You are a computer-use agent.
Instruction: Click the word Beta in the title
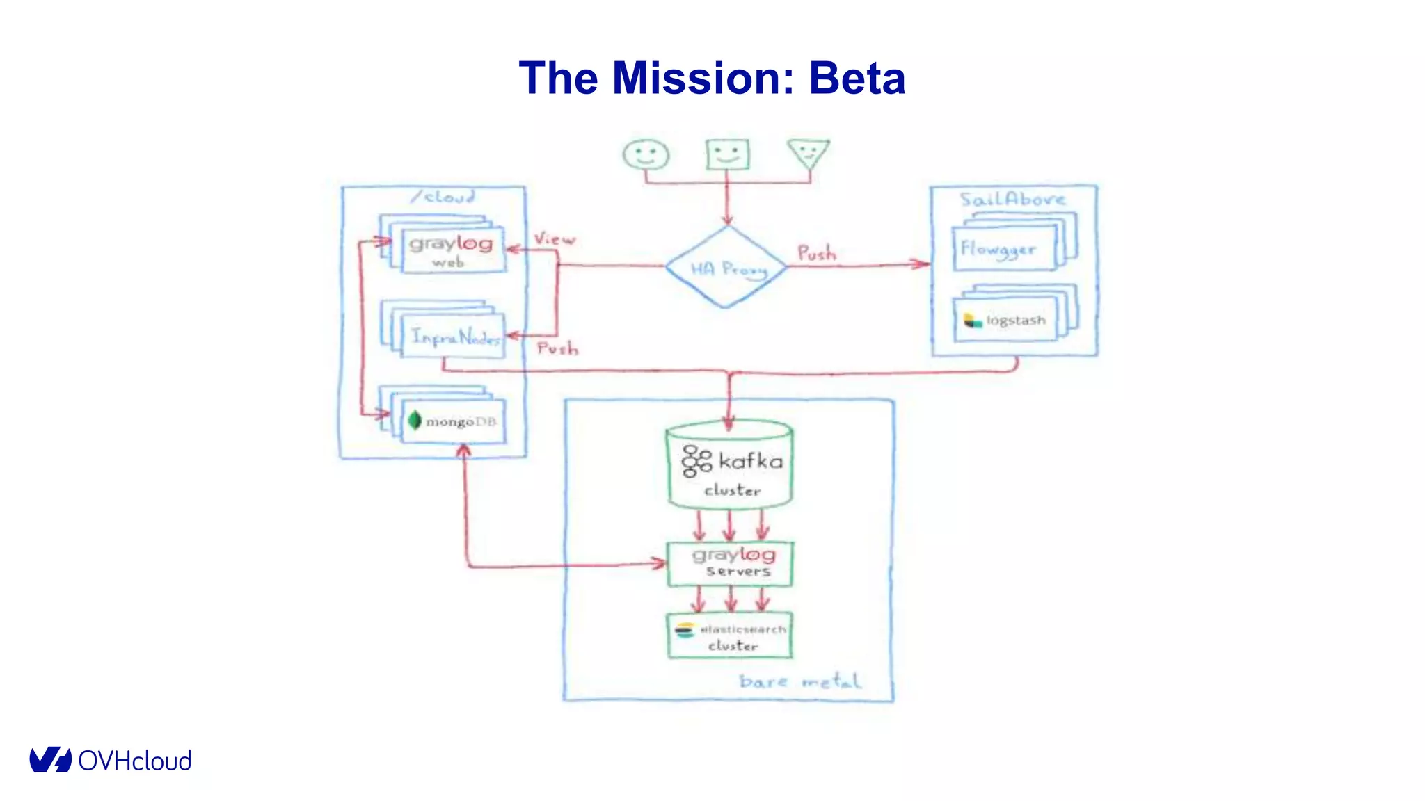tap(857, 78)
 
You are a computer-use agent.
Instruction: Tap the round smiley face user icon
tap(646, 154)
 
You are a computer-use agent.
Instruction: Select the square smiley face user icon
tap(727, 154)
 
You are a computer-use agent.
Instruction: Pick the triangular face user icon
tap(808, 152)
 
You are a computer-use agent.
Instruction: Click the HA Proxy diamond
tap(726, 267)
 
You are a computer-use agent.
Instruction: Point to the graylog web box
tap(453, 250)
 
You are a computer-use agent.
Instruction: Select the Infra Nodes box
tap(454, 337)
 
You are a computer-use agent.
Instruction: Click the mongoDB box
tap(454, 421)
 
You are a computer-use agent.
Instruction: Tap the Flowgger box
tap(1004, 249)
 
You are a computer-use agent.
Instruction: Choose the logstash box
tap(1005, 321)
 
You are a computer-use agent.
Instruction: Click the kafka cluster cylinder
tap(729, 467)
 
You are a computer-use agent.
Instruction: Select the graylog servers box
tap(729, 563)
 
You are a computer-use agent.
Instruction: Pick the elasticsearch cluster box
tap(729, 636)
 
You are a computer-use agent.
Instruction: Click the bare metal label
tap(800, 681)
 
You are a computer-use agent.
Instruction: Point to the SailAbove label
tap(1012, 200)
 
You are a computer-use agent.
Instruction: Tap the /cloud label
tap(443, 197)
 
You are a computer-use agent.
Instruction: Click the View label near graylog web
tap(555, 239)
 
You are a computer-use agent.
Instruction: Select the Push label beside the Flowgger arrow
tap(816, 253)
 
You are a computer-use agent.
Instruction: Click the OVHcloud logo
tap(110, 760)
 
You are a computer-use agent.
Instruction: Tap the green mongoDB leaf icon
tap(415, 420)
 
